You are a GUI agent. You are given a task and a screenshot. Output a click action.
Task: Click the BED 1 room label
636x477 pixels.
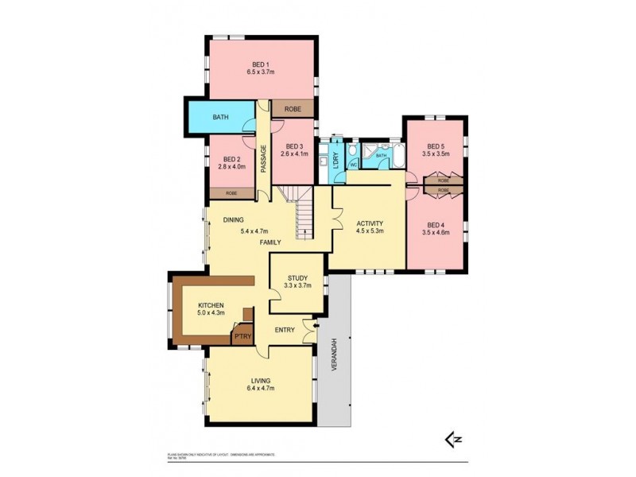pyautogui.click(x=261, y=64)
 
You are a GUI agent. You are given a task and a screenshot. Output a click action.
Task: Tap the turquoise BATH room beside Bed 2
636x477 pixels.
pyautogui.click(x=220, y=118)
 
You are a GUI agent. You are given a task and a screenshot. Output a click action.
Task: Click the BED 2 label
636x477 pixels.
pyautogui.click(x=231, y=159)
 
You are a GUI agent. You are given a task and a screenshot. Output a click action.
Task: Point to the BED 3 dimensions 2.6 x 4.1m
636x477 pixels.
pyautogui.click(x=294, y=154)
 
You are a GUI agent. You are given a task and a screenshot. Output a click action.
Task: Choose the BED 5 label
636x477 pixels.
pyautogui.click(x=434, y=146)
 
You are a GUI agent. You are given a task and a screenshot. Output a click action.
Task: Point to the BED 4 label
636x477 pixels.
pyautogui.click(x=434, y=225)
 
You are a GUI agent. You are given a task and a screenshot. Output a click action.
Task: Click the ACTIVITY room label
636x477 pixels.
pyautogui.click(x=370, y=223)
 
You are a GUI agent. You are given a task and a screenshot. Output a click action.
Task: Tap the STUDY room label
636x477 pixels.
pyautogui.click(x=298, y=277)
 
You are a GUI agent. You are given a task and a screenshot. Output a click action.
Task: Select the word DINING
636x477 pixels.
pyautogui.click(x=233, y=219)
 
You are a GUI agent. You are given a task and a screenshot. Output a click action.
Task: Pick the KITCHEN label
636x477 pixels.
pyautogui.click(x=211, y=305)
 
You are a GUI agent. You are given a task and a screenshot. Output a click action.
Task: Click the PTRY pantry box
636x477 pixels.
pyautogui.click(x=242, y=337)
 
